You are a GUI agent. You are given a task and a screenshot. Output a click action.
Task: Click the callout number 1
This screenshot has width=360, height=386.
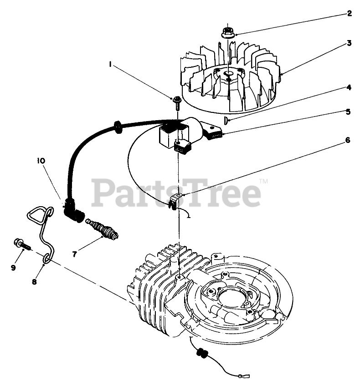(111, 65)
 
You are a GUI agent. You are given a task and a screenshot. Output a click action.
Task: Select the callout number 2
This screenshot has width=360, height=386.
(350, 13)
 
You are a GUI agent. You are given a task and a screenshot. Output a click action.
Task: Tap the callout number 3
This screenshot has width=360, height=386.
(348, 43)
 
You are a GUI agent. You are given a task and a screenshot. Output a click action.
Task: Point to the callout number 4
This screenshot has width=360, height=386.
(348, 87)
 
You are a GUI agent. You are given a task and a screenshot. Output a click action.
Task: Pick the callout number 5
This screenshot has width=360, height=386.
(348, 111)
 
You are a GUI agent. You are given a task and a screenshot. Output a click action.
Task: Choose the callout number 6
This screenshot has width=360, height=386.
(348, 140)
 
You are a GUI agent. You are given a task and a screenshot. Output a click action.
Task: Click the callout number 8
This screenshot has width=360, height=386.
(34, 281)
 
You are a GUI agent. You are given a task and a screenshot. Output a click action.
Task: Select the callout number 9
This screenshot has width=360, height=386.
(13, 268)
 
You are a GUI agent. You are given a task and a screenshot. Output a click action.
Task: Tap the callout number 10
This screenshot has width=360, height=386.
(41, 160)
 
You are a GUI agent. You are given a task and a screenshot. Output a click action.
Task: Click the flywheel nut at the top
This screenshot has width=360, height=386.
(226, 33)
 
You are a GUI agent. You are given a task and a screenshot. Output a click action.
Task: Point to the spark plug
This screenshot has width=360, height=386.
(103, 229)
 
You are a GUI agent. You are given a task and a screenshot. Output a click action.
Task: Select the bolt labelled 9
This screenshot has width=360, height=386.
(21, 245)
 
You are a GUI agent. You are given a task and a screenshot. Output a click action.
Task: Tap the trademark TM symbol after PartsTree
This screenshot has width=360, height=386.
(263, 182)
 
